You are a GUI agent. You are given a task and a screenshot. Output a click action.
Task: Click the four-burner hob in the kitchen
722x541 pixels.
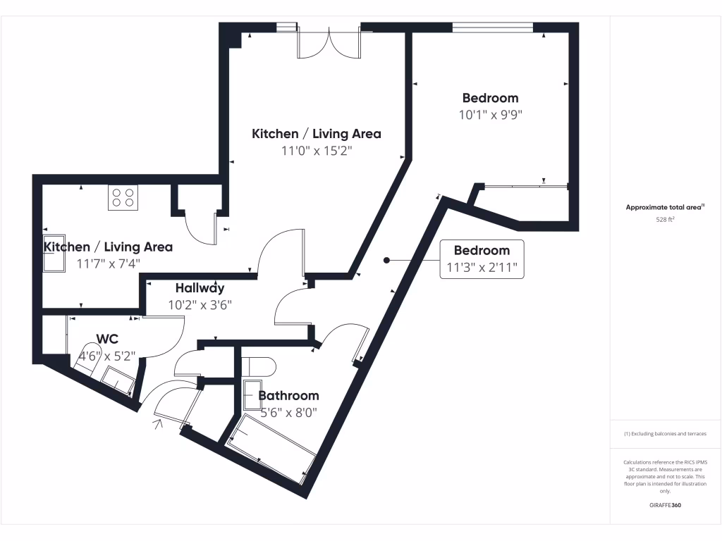[122, 197]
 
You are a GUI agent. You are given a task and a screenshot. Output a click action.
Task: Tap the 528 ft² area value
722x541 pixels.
[666, 220]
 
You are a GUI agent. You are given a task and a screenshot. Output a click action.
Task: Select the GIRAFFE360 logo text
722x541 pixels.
[665, 505]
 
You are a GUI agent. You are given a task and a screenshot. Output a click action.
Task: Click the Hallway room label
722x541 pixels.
[200, 287]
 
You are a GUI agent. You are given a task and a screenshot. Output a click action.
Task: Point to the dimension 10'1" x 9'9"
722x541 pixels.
[490, 114]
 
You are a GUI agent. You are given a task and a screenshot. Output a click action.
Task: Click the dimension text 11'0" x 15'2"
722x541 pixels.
[317, 150]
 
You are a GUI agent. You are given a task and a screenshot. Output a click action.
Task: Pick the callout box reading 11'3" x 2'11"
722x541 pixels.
[482, 259]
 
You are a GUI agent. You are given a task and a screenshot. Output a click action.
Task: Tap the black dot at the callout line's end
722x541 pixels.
[386, 261]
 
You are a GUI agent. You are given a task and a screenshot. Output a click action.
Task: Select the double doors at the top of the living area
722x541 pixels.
[329, 44]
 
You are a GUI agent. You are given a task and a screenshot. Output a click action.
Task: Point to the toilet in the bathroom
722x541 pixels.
[258, 367]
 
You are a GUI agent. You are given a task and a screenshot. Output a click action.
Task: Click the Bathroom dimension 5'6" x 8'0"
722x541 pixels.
[288, 413]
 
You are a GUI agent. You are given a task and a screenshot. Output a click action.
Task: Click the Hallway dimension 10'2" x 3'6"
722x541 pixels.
[200, 305]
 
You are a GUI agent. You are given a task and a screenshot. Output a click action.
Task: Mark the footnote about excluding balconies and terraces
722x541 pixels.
[665, 434]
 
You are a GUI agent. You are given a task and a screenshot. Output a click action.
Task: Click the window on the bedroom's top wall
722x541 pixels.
[492, 27]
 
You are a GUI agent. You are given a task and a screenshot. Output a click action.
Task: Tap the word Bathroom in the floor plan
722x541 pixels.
[288, 396]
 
